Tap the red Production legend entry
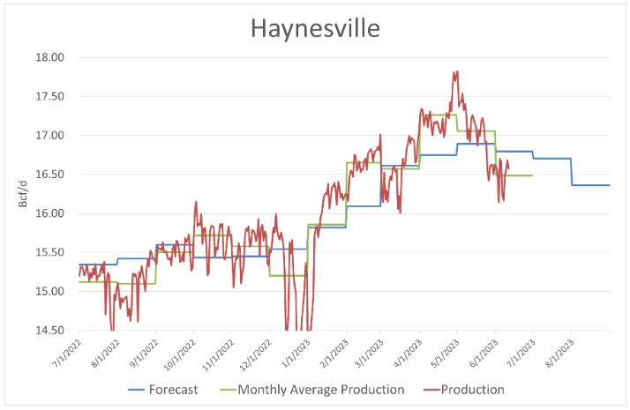pos(473,389)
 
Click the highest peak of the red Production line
pos(456,71)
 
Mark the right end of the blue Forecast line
pos(610,185)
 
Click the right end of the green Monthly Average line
pos(532,175)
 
